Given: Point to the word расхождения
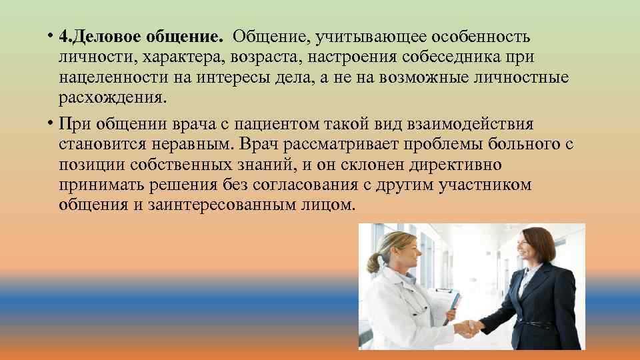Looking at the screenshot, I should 110,98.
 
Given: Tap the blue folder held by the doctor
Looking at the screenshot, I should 453,307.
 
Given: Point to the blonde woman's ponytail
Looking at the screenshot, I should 375,261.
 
